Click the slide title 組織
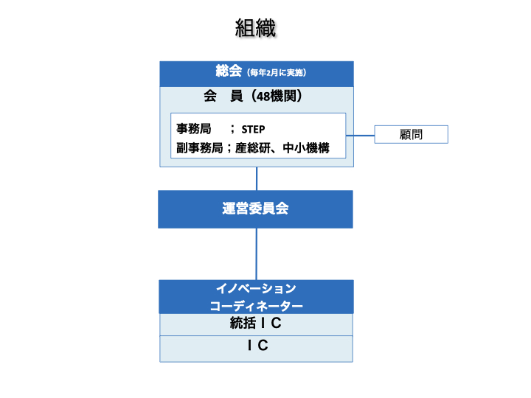pos(255,29)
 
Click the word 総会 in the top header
pos(229,71)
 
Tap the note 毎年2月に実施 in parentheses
pos(277,73)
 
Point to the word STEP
pos(253,129)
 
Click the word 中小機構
pos(305,147)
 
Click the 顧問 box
pos(412,135)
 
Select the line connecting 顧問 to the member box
pos(361,136)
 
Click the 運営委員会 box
pos(256,209)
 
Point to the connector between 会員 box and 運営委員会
pos(257,178)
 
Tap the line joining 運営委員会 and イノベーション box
pos(257,254)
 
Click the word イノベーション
pos(256,288)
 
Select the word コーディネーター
pos(256,305)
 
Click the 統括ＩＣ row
pos(256,324)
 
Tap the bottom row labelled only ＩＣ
pos(256,346)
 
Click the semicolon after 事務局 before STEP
pos(232,129)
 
